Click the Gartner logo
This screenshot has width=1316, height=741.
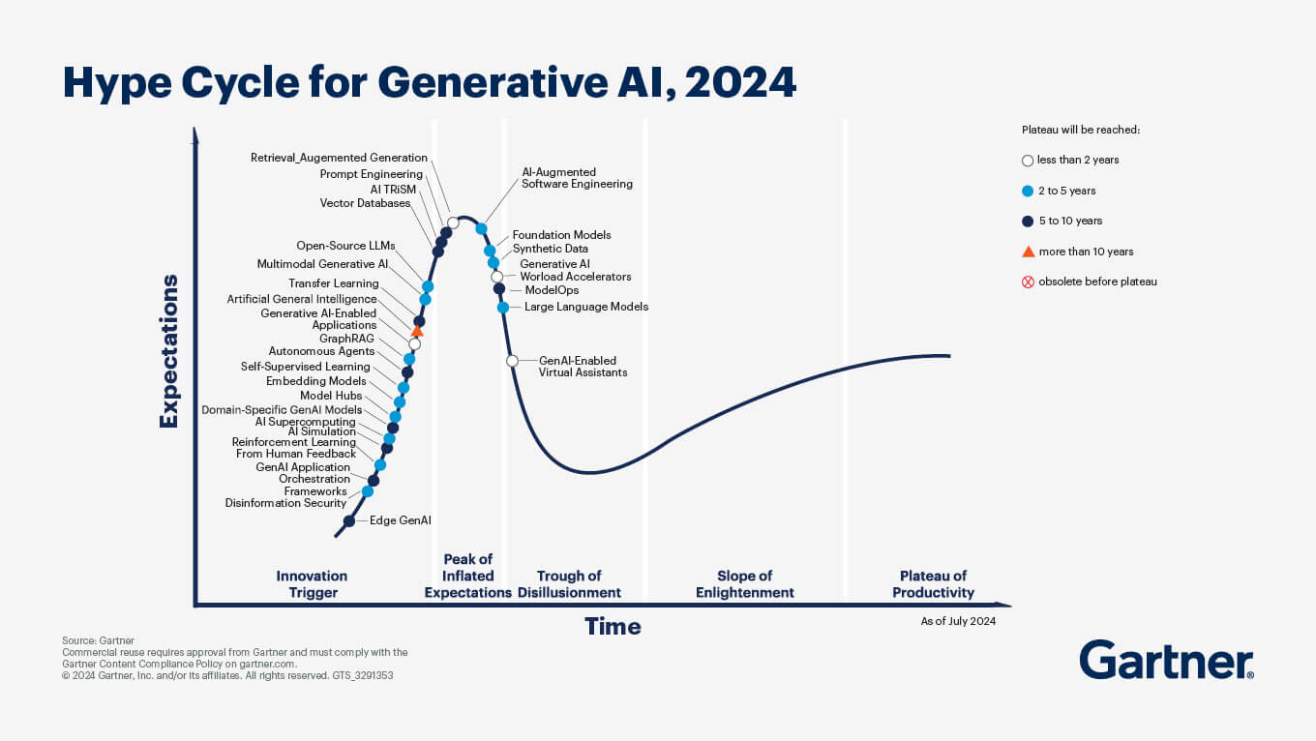click(1166, 660)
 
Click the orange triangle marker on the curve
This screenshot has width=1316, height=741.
click(417, 332)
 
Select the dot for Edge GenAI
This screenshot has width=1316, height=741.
click(349, 521)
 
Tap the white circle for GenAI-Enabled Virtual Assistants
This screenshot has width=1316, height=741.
click(513, 361)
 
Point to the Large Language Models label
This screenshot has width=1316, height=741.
click(586, 307)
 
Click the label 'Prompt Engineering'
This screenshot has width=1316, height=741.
click(372, 174)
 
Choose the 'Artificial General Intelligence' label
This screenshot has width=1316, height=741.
click(302, 299)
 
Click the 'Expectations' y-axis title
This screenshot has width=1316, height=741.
click(169, 350)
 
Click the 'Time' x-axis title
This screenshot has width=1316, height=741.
click(613, 626)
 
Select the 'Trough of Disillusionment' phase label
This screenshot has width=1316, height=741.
click(569, 584)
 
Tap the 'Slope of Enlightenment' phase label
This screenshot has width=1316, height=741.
click(744, 584)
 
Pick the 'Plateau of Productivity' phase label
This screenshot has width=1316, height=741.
click(933, 584)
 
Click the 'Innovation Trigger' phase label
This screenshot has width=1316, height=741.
click(312, 584)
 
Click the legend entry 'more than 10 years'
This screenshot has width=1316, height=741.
click(1085, 252)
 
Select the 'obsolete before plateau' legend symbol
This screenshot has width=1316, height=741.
click(1028, 282)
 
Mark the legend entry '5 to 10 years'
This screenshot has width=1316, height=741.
click(1069, 221)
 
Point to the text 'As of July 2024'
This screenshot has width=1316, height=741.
click(958, 621)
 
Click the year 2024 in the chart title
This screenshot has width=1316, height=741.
click(740, 83)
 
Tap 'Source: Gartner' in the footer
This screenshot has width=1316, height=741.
click(98, 640)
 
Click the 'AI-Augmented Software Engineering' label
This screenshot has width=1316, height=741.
click(577, 178)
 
